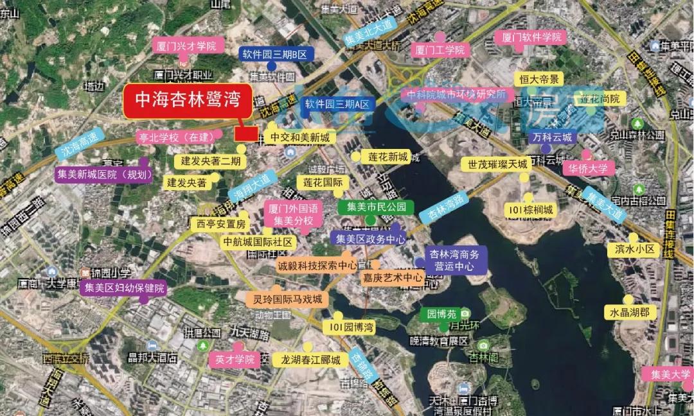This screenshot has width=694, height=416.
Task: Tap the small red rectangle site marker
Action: (x=246, y=134)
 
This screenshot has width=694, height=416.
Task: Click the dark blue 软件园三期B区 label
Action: (x=274, y=55)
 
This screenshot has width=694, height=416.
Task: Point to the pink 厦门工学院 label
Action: (x=440, y=49)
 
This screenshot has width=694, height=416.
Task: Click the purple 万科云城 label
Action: (x=551, y=137)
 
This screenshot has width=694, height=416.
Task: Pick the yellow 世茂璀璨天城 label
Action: (x=497, y=164)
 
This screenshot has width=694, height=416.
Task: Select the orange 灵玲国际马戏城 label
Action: (x=287, y=299)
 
